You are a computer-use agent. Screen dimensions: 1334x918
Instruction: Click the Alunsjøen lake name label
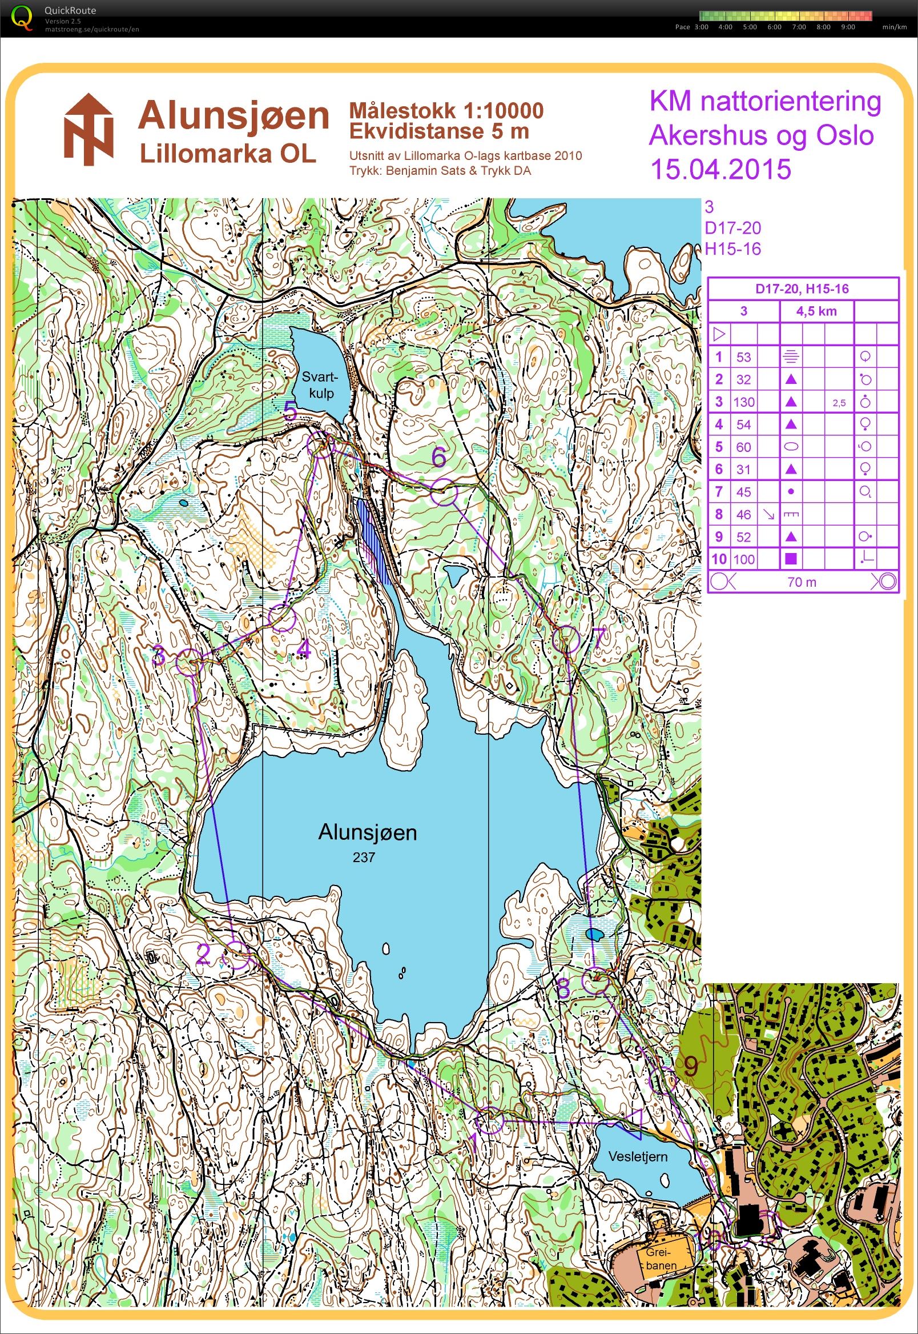pos(367,832)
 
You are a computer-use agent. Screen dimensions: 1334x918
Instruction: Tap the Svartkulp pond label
pos(320,385)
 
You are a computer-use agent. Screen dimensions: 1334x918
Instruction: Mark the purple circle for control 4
pos(283,618)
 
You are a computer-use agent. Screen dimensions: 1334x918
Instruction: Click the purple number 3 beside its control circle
pos(159,655)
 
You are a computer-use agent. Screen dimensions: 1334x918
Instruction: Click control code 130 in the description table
pos(743,402)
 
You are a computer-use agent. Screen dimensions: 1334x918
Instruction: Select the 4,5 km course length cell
pos(816,311)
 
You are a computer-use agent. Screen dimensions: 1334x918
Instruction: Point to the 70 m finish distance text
pos(802,582)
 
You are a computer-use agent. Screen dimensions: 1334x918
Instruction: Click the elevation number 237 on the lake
pos(364,858)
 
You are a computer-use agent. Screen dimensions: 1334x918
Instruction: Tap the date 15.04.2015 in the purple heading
pos(720,169)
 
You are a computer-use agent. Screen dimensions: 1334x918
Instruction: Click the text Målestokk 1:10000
pos(446,110)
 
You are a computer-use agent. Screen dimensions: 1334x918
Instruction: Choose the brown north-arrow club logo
pos(88,130)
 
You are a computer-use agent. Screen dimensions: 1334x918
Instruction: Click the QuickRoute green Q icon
pos(21,17)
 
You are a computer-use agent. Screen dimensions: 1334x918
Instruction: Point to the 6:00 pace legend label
pos(774,27)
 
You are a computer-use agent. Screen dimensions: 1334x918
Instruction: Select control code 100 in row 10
pos(743,559)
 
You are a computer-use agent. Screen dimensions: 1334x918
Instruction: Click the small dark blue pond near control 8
pos(595,933)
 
